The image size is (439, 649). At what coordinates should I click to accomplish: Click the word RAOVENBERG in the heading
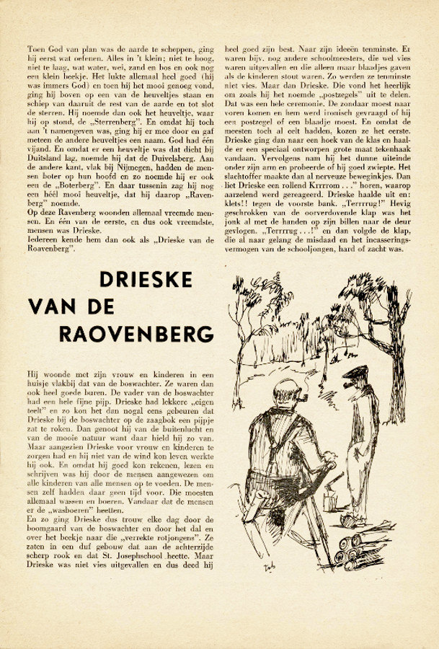(x=137, y=335)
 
